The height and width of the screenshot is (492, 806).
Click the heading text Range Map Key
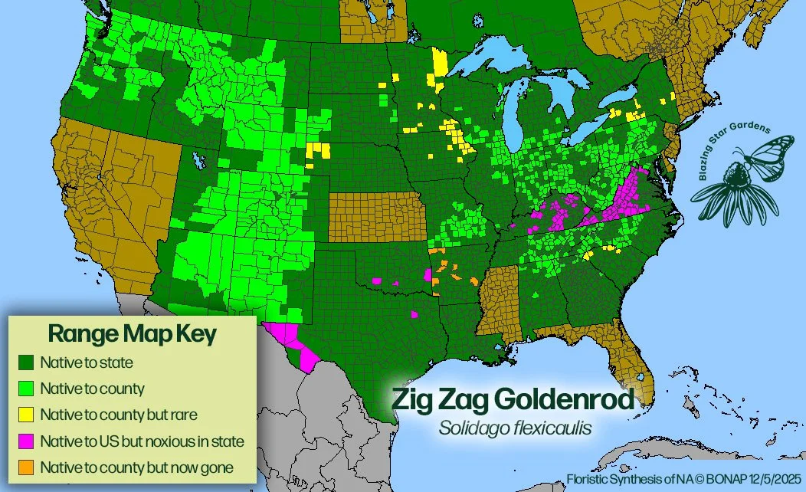(x=132, y=334)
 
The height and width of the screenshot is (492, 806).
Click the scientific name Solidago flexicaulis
(x=514, y=428)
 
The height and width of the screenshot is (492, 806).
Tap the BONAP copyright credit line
(x=683, y=479)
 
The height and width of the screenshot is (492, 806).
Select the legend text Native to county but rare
(x=120, y=415)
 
